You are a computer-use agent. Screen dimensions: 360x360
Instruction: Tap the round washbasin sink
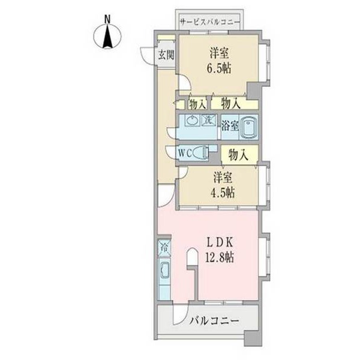[x=191, y=121]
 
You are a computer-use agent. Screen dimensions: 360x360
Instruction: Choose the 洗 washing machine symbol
[x=207, y=119]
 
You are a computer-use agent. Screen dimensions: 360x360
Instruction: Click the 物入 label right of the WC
[x=238, y=154]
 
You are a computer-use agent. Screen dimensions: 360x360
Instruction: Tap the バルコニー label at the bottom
[x=214, y=321]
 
